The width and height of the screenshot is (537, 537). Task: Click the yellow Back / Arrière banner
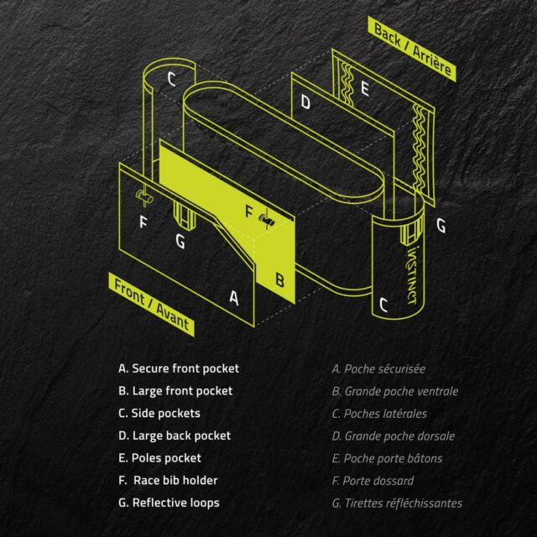click(412, 49)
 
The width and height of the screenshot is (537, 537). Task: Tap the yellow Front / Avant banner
click(151, 304)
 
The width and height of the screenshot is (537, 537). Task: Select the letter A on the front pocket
click(234, 298)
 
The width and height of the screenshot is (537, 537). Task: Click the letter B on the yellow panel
click(279, 279)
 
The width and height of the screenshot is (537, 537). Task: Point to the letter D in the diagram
click(305, 102)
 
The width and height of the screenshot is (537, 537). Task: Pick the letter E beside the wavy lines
click(365, 89)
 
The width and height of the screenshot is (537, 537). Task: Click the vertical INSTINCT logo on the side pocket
click(414, 274)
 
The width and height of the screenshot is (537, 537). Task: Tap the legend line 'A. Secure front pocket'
click(179, 368)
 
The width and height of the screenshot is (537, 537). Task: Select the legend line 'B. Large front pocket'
click(175, 391)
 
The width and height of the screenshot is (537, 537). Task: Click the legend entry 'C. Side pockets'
click(159, 414)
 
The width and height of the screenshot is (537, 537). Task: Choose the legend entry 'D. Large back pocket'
click(175, 435)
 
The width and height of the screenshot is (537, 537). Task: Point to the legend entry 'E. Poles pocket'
click(159, 458)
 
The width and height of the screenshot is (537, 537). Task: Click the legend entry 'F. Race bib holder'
click(168, 481)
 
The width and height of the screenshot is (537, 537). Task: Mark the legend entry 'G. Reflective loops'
click(169, 503)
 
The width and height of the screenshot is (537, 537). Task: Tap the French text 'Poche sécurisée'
click(384, 369)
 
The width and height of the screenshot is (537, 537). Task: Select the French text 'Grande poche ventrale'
click(401, 392)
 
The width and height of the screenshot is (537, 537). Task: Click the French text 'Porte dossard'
click(378, 481)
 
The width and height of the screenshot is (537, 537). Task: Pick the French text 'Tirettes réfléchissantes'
click(403, 503)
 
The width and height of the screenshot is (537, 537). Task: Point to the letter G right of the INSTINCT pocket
click(441, 226)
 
